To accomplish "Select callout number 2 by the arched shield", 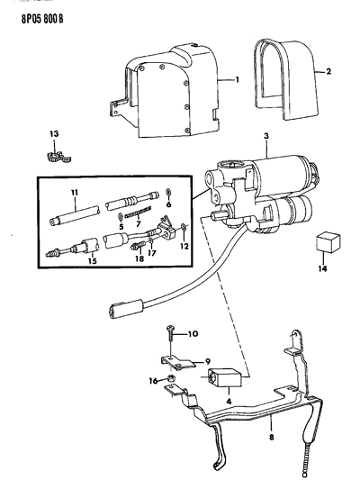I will (x=341, y=71).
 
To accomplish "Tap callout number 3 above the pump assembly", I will (x=265, y=138).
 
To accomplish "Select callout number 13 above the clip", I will (x=55, y=134).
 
